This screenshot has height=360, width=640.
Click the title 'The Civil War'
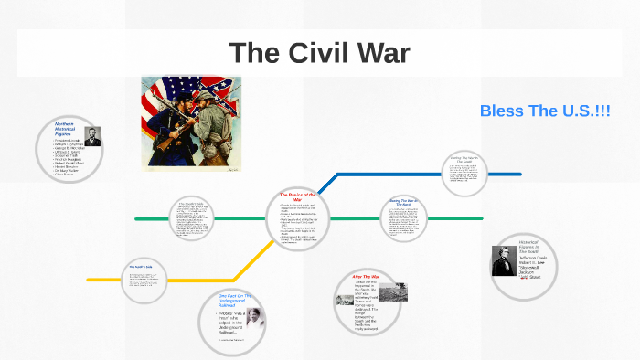click(x=319, y=52)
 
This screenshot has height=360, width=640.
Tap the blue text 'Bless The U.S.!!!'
click(x=545, y=111)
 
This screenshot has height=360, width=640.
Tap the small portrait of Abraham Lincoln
click(x=92, y=136)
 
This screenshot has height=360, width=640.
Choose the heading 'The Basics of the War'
click(x=297, y=196)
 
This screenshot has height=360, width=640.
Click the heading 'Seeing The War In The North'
click(x=402, y=202)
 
